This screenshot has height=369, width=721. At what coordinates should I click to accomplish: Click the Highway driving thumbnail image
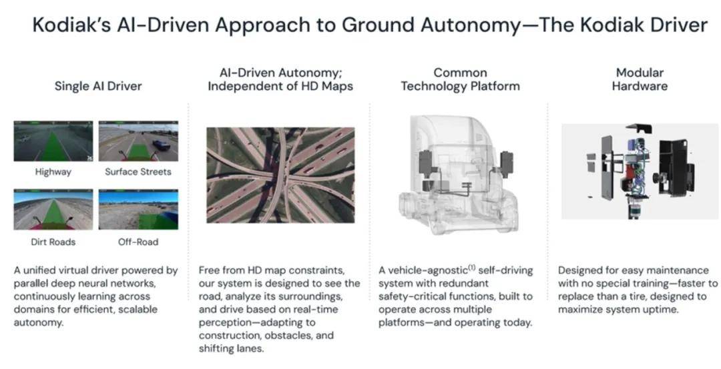click(53, 141)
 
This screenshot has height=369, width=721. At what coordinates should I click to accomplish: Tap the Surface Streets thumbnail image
click(138, 141)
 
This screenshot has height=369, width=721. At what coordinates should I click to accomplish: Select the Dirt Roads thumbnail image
click(53, 210)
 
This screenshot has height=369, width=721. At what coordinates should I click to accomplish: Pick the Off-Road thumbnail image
click(138, 210)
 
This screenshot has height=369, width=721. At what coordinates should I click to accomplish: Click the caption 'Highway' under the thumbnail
click(53, 172)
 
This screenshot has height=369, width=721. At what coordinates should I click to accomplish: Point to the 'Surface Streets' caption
click(138, 172)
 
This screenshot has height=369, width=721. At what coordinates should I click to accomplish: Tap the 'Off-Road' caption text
click(138, 242)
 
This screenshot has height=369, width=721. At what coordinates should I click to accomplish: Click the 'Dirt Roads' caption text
click(53, 242)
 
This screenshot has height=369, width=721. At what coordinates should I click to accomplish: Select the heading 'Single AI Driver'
click(98, 86)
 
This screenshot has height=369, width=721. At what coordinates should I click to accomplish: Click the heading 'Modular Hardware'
click(640, 79)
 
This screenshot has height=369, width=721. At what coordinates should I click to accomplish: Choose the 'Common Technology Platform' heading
click(460, 79)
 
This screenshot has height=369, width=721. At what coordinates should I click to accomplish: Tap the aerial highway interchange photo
click(280, 175)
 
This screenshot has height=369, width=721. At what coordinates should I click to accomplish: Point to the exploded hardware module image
click(639, 171)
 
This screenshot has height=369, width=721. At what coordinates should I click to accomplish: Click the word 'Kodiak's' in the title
click(71, 25)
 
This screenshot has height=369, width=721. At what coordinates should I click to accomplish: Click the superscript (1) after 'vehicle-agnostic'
click(471, 268)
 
